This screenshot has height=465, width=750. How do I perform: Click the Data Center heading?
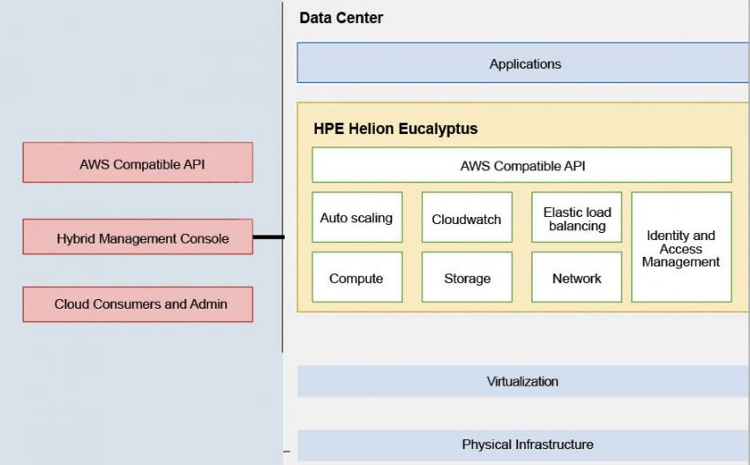coord(341,18)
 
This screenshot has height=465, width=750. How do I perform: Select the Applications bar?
coord(524,64)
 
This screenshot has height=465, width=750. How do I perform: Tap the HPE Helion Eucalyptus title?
coord(395,129)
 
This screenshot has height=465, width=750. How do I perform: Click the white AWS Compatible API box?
coord(521,165)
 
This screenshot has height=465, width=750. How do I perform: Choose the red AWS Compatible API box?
coord(137,163)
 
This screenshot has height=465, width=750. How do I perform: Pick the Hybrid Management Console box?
coord(137,238)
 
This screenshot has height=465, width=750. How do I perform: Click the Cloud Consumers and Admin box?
coord(137,304)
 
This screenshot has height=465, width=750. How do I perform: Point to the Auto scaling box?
coord(356,217)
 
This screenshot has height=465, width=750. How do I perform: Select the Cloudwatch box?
coord(467,218)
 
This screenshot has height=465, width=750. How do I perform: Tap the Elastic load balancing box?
coord(576,218)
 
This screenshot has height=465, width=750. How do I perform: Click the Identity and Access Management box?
coord(681,248)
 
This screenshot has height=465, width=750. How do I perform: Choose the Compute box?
coord(356,278)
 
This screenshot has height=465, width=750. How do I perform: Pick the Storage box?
coord(467,278)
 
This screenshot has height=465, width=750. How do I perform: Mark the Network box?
coord(576,278)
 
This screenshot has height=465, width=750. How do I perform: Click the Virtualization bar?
coord(522,381)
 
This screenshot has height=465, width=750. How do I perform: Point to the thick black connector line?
coord(268,236)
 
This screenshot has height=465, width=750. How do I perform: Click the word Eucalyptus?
coord(438,129)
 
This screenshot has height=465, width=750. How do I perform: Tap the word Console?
coord(204,238)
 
